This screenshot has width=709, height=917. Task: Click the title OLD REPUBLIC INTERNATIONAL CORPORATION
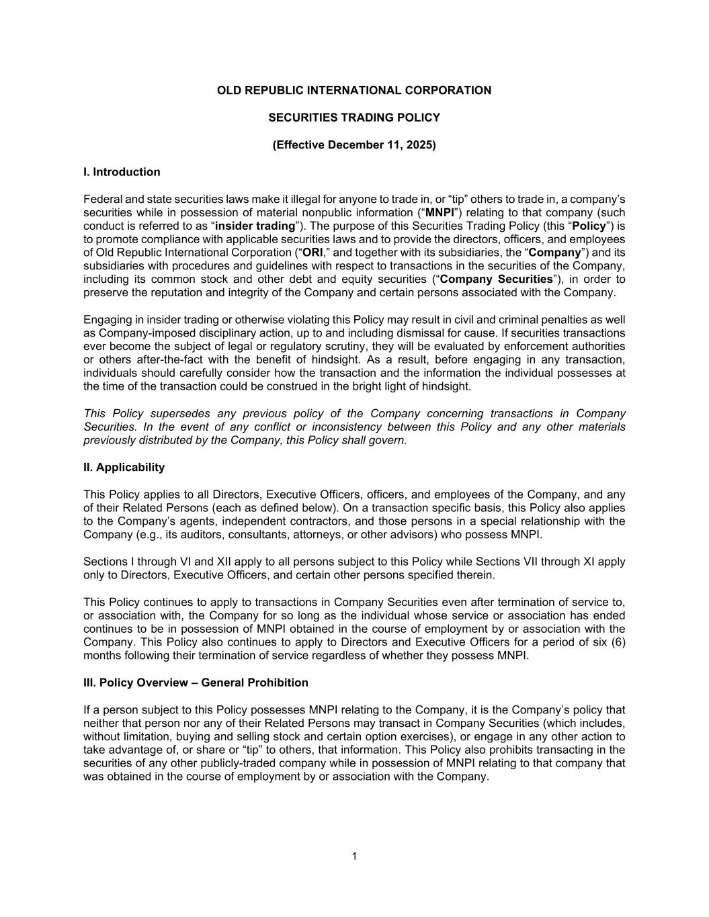354,90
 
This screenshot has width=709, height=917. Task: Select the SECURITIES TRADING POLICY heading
354,118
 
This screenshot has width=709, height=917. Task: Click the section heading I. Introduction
122,172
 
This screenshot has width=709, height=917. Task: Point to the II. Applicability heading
124,467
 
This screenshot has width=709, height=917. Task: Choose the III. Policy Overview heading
196,683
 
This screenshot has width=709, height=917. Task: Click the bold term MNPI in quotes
440,212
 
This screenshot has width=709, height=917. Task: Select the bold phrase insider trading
255,226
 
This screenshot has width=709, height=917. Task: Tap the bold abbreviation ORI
312,253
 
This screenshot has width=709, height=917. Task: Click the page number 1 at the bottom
354,856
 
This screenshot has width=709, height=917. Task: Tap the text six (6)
607,642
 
